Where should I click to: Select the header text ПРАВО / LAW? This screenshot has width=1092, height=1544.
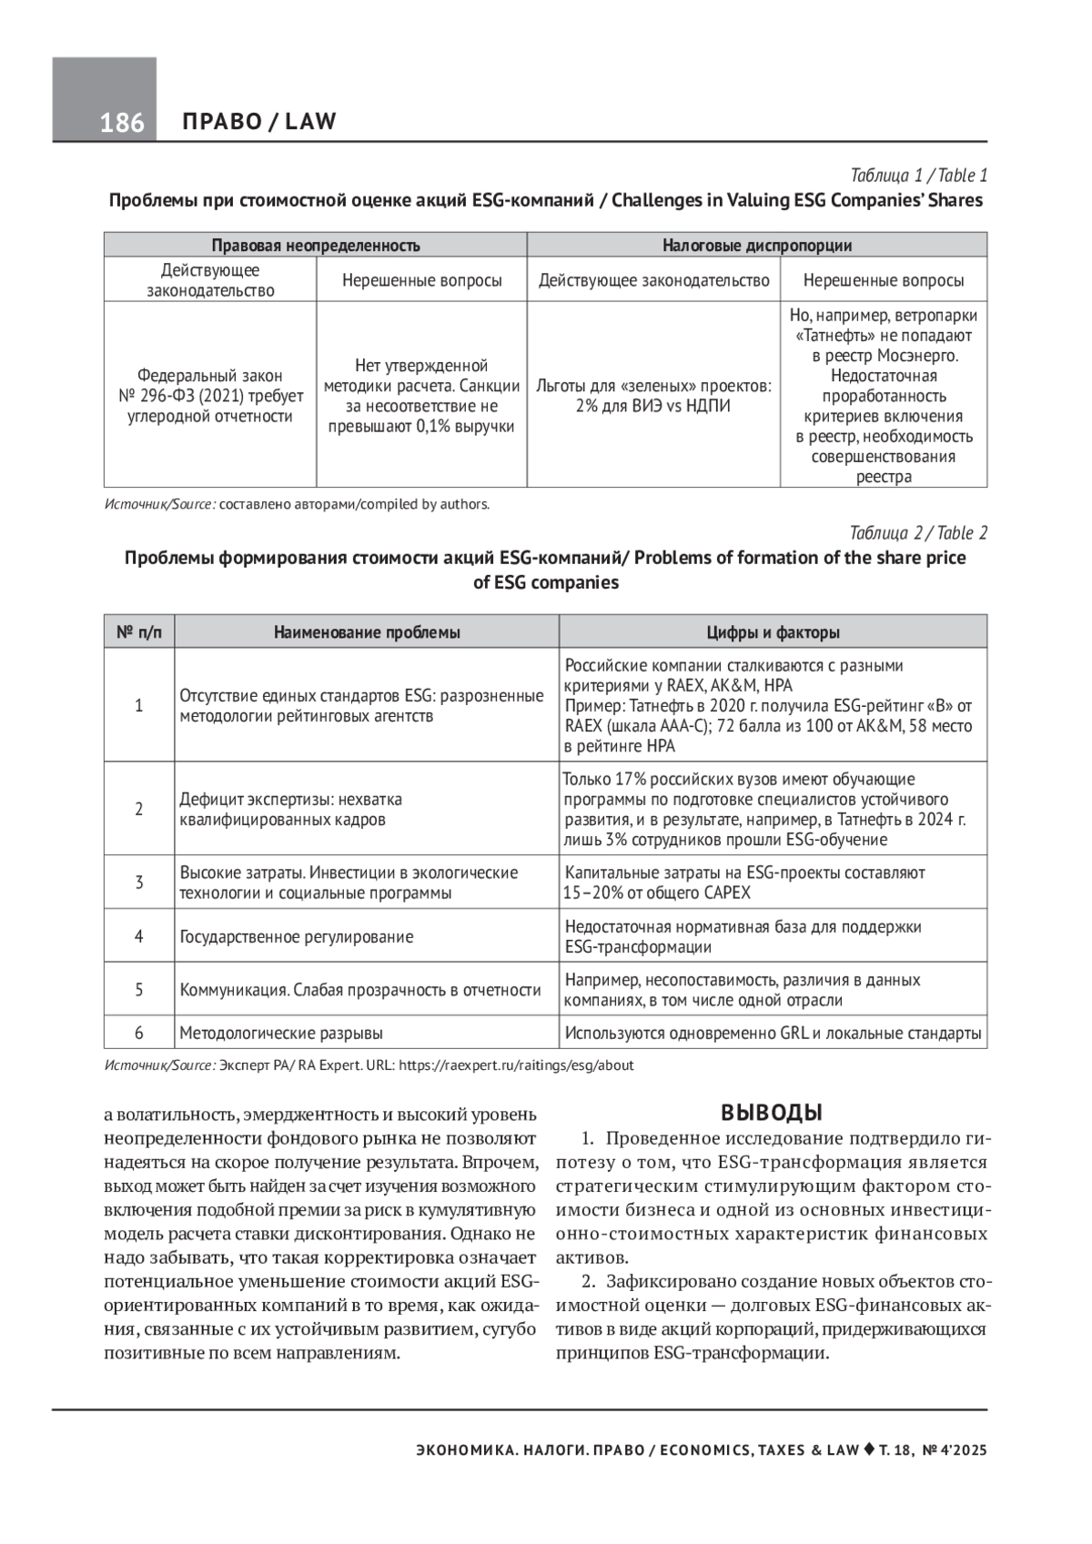(259, 121)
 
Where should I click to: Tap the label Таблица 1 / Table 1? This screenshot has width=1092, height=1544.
(918, 176)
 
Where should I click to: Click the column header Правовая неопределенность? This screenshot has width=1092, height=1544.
(315, 245)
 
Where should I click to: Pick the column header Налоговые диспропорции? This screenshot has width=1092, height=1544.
(756, 245)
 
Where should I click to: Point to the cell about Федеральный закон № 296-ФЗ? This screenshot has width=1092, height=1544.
(210, 396)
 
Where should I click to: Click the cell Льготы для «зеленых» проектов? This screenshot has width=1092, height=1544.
(653, 396)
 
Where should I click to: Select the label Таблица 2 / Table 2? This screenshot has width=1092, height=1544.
(918, 533)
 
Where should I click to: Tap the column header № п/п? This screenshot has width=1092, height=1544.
(139, 632)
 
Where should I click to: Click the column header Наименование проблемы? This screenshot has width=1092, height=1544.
(367, 632)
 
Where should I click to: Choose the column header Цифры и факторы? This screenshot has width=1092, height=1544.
(773, 632)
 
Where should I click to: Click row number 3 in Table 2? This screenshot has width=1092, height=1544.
(139, 882)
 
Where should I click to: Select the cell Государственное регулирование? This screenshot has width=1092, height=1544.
(297, 936)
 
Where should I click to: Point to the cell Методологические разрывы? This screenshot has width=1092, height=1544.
(281, 1033)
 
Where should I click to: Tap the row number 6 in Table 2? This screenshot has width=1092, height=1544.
(139, 1033)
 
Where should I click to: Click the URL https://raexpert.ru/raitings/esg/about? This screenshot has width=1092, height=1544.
(516, 1065)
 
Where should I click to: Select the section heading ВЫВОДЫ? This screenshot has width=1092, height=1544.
(772, 1112)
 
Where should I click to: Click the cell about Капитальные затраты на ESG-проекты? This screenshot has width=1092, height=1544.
(744, 882)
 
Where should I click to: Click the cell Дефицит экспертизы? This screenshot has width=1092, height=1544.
(291, 809)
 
